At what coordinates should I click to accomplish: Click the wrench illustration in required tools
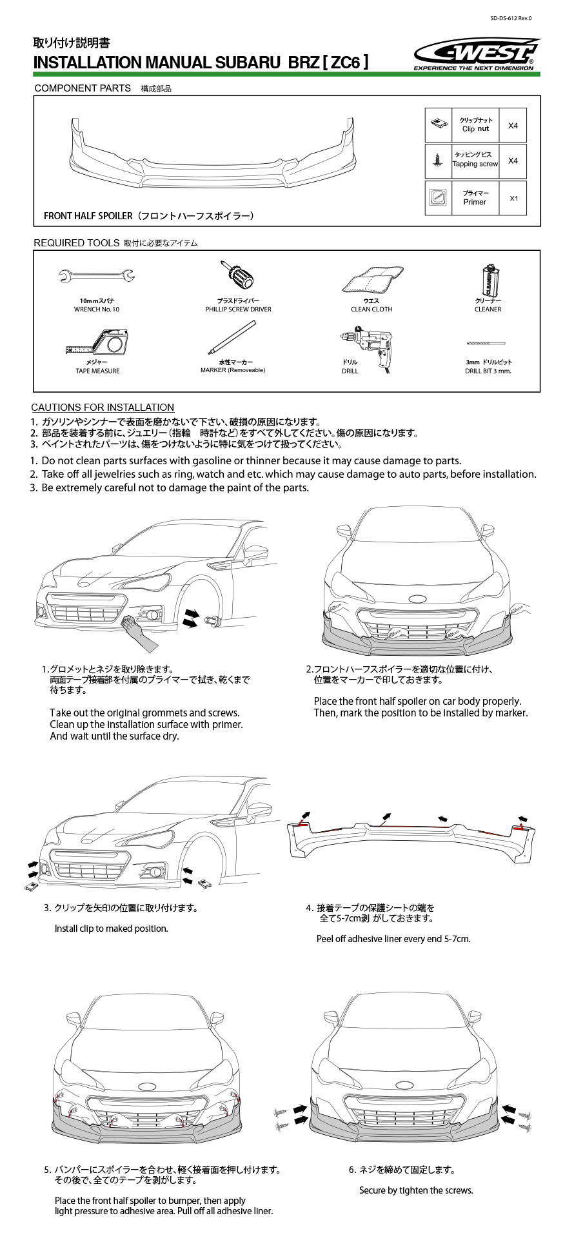[x=96, y=277]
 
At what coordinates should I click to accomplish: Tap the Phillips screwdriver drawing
[x=237, y=276]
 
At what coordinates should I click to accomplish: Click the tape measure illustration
[x=98, y=342]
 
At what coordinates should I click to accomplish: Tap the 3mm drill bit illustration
[x=486, y=343]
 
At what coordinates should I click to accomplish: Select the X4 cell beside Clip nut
[x=513, y=126]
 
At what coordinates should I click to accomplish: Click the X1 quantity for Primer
[x=513, y=199]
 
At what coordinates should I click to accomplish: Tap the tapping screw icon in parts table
[x=438, y=161]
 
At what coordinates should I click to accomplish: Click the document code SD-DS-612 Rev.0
[x=511, y=18]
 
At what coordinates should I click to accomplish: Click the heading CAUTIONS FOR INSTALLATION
[x=103, y=408]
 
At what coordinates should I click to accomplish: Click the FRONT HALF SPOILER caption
[x=148, y=216]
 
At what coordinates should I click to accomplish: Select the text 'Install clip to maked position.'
[x=112, y=929]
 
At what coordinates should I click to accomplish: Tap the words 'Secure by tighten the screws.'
[x=416, y=1190]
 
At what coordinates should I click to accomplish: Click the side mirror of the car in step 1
[x=256, y=553]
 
